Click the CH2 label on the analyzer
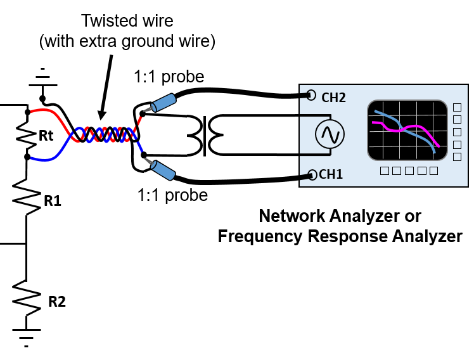pyautogui.click(x=333, y=98)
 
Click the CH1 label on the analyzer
pyautogui.click(x=331, y=174)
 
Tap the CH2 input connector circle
pyautogui.click(x=311, y=95)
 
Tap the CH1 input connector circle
pyautogui.click(x=312, y=175)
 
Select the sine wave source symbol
pyautogui.click(x=330, y=134)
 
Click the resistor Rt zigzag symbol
pyautogui.click(x=27, y=135)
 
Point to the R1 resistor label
pyautogui.click(x=53, y=201)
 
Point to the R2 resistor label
pyautogui.click(x=57, y=302)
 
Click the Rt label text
pyautogui.click(x=46, y=136)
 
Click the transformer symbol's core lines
pyautogui.click(x=205, y=136)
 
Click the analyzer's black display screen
pyautogui.click(x=407, y=131)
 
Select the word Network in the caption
pyautogui.click(x=292, y=216)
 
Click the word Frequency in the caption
pyautogui.click(x=260, y=236)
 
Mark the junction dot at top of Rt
pyautogui.click(x=27, y=112)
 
